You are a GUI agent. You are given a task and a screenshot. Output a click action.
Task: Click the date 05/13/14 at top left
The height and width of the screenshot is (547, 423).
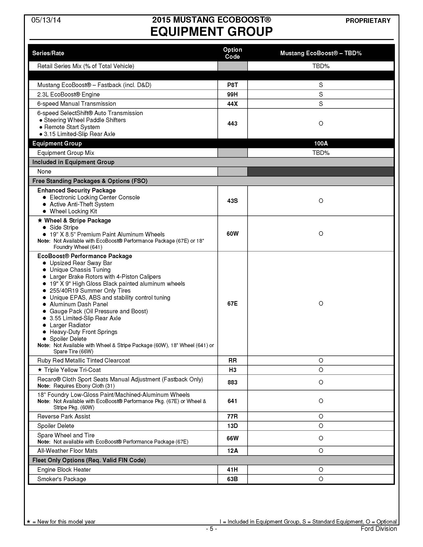(x=46, y=20)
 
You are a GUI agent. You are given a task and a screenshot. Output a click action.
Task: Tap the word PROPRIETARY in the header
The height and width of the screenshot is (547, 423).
(x=368, y=21)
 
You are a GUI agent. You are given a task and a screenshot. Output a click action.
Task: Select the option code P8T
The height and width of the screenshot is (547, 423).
(x=232, y=85)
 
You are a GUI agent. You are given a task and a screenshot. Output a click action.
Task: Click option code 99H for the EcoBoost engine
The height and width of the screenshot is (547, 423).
(x=232, y=94)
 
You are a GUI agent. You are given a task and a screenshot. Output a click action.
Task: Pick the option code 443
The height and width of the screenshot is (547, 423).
(x=232, y=124)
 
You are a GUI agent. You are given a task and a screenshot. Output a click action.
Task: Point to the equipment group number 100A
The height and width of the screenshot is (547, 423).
(x=321, y=143)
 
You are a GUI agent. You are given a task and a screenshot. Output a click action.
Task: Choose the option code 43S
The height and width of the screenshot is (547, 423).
(x=232, y=201)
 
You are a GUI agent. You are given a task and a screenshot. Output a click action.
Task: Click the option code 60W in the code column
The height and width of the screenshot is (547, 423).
(x=232, y=233)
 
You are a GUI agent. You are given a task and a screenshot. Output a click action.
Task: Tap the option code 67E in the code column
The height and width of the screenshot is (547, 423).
(x=232, y=303)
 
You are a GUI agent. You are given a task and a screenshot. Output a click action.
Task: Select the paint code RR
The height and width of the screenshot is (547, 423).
(x=232, y=361)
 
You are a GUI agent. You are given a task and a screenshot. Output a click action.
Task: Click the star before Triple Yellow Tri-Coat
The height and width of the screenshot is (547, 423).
(x=40, y=370)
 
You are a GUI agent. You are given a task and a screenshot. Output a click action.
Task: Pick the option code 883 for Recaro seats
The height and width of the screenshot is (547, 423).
(x=232, y=382)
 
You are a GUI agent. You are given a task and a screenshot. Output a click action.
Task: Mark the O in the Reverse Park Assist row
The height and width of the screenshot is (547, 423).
(x=321, y=416)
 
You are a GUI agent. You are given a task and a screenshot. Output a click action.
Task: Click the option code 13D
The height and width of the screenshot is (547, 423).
(x=232, y=426)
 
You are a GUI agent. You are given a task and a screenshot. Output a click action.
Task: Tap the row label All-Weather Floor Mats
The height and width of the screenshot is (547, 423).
(x=67, y=451)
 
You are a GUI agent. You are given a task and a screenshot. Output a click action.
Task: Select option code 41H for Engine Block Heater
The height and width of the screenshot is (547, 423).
(x=232, y=470)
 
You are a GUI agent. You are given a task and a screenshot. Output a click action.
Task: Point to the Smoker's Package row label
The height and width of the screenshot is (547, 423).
(x=62, y=479)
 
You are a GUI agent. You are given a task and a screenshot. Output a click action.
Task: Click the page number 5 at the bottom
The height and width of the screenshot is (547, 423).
(x=211, y=528)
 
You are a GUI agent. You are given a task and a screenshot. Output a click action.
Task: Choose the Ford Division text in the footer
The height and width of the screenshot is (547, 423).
(x=379, y=528)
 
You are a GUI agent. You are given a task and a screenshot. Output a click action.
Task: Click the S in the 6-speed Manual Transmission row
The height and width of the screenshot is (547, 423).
(x=321, y=104)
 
